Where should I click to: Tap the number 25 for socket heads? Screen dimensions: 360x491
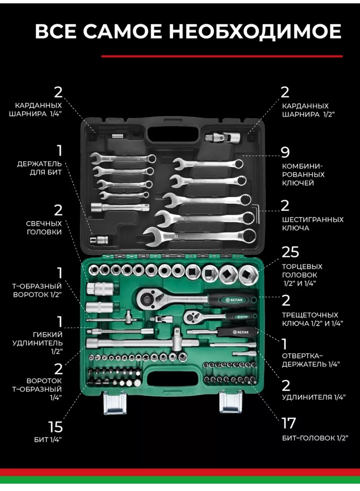pos(290,252)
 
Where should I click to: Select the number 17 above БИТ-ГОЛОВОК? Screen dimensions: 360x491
pos(289,423)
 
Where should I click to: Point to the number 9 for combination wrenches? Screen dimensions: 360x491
pos(285,152)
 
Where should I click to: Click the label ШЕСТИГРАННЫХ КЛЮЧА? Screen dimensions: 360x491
pos(313,223)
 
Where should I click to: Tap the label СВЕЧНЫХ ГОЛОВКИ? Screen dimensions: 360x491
pos(44,228)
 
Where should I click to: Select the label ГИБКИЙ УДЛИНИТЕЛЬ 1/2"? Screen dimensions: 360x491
pos(37,343)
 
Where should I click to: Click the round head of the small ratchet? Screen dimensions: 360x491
pos(191,316)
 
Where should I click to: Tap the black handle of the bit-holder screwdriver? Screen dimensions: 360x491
pos(238,332)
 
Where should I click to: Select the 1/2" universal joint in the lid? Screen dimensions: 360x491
pos(222,137)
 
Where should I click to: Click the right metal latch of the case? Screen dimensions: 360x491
pos(231,403)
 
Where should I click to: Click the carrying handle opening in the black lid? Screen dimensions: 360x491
pos(173,134)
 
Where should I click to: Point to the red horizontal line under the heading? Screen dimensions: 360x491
pos(222,56)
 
